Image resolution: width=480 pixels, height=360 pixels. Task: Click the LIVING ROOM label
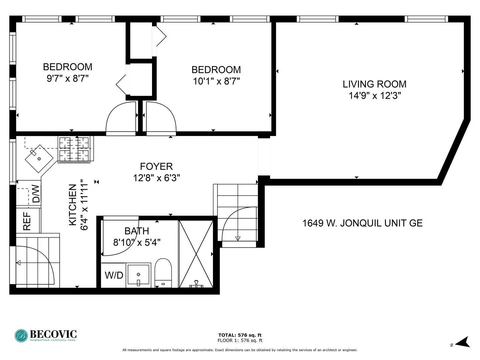(x=374, y=84)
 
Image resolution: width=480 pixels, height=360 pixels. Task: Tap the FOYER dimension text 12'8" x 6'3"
(x=156, y=178)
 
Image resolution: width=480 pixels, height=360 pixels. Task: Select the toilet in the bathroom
(x=163, y=273)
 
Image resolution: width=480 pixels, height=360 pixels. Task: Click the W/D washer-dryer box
(x=114, y=275)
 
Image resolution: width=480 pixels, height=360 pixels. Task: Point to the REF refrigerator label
(x=27, y=221)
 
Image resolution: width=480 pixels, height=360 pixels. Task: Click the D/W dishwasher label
(x=36, y=194)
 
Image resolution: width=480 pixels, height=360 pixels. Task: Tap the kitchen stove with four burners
(x=74, y=149)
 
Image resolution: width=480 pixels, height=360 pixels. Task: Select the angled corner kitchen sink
(x=39, y=159)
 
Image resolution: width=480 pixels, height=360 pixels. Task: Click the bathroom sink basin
(x=138, y=275)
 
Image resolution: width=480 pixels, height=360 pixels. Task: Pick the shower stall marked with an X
(x=196, y=254)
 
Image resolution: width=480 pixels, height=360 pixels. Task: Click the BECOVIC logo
(x=46, y=335)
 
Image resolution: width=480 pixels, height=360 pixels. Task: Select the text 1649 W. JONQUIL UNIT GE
(x=362, y=223)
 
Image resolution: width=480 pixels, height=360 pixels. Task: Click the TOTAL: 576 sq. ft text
(x=240, y=335)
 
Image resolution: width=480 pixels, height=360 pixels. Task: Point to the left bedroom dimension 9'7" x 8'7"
(x=67, y=79)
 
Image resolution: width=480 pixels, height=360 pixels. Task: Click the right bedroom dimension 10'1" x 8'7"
(x=216, y=81)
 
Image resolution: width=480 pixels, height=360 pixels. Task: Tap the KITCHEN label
(x=73, y=205)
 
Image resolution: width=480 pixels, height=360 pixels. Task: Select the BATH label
(x=137, y=231)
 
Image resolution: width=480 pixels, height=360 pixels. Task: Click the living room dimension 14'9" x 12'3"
(x=374, y=96)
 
